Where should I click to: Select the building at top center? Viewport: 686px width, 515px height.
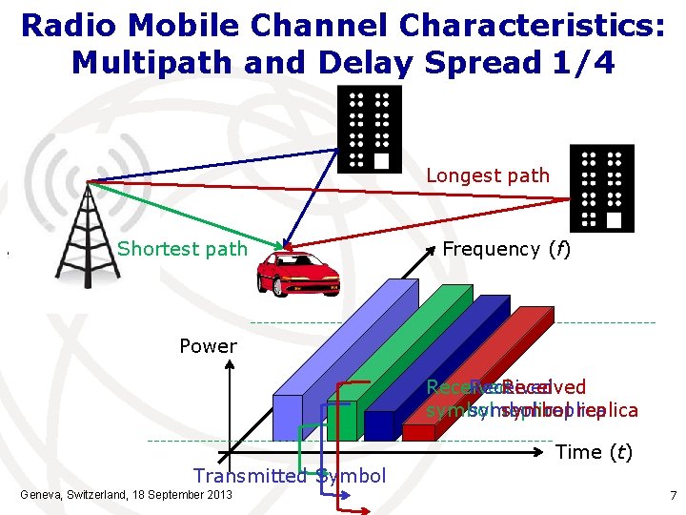371,129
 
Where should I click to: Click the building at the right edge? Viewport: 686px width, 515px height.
600,188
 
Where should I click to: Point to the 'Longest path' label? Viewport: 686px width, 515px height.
487,175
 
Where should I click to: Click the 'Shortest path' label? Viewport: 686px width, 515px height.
182,250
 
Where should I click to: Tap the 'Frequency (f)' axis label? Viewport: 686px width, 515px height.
505,249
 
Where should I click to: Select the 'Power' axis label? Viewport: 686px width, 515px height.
208,346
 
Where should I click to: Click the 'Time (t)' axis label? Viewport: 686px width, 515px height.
593,452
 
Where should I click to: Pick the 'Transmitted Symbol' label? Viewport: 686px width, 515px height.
290,476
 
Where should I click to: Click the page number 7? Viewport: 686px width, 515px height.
672,496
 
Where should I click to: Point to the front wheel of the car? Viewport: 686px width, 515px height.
270,285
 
